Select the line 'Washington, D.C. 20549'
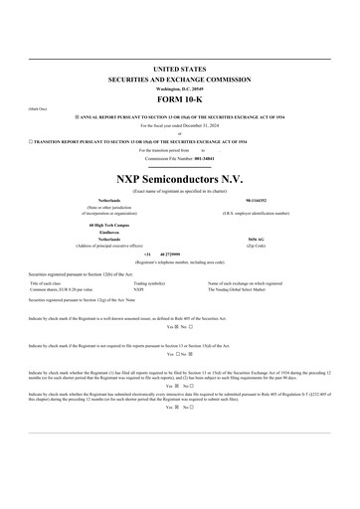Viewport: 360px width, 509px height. coord(180,88)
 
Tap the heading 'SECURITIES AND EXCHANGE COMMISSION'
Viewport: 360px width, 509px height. coord(180,78)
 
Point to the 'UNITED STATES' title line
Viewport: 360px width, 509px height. coord(180,67)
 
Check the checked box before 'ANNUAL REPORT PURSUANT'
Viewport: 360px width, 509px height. coord(77,116)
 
